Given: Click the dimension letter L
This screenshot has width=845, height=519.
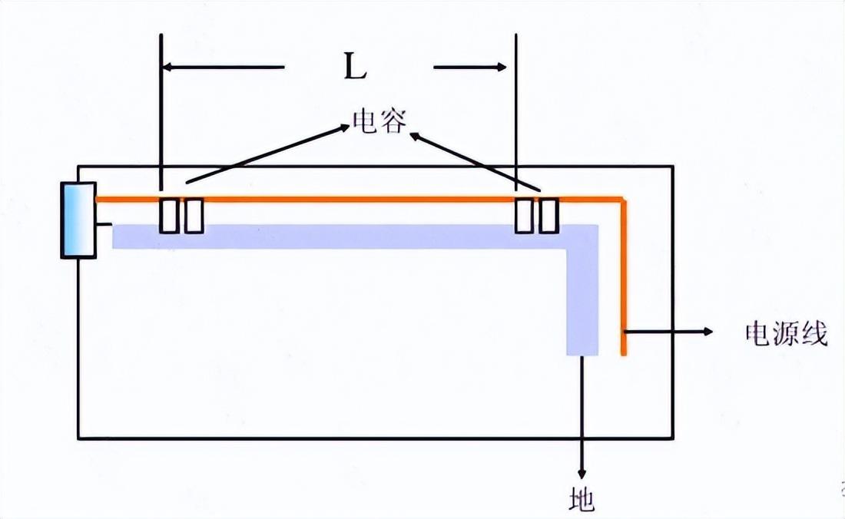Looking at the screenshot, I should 354,68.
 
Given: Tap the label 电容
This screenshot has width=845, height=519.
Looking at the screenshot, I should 377,120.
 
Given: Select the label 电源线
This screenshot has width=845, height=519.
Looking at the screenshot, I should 786,334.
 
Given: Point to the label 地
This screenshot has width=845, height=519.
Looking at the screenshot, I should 583,500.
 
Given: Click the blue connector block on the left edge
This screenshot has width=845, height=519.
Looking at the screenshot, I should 78,220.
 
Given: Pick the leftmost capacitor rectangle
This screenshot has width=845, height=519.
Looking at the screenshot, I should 168,216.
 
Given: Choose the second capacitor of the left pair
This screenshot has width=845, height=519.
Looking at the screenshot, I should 194,216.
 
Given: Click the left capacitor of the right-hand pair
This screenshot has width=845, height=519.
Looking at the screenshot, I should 523,216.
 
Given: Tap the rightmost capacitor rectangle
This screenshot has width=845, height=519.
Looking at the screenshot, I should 548,216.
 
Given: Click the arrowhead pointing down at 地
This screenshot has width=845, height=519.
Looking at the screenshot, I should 582,470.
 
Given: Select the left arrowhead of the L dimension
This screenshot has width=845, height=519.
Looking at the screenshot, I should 168,68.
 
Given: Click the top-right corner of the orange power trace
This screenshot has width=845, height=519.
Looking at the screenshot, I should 623,200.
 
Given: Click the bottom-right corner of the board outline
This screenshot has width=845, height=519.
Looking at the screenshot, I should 674,438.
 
